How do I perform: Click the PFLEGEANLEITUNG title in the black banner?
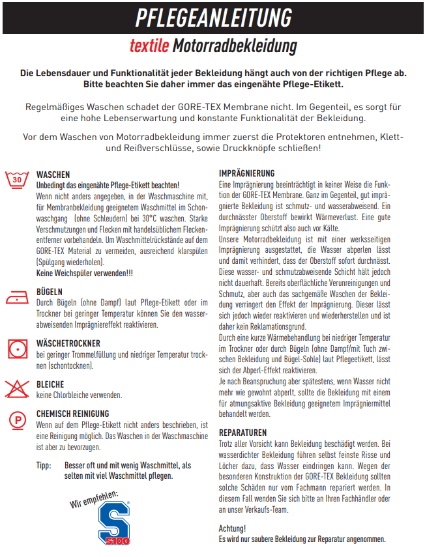pos(212,18)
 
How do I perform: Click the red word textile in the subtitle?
pos(150,46)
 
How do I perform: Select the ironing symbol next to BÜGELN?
pos(18,298)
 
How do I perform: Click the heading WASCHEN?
pos(53,175)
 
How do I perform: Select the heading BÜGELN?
pos(50,292)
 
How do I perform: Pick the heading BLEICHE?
pos(50,384)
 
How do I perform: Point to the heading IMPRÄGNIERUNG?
pos(246,173)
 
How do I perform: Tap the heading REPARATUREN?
pos(242,433)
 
